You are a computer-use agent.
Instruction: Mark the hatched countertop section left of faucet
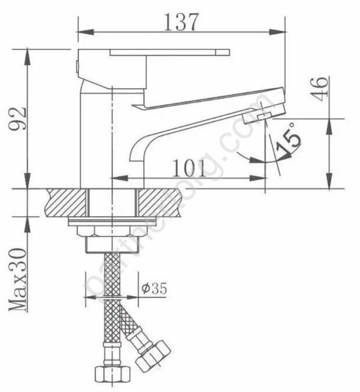67,203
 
